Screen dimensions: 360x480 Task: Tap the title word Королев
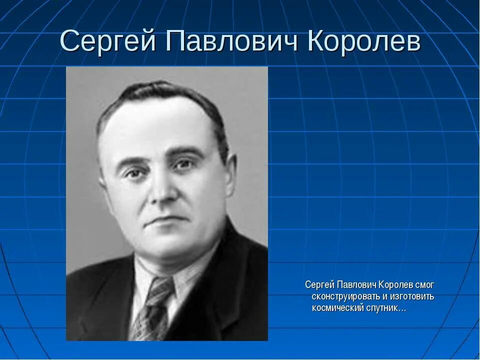(364, 42)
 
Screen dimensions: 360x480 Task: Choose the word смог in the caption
(424, 285)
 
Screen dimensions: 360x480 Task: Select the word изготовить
(409, 296)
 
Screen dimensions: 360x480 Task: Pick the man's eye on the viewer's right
(182, 164)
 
